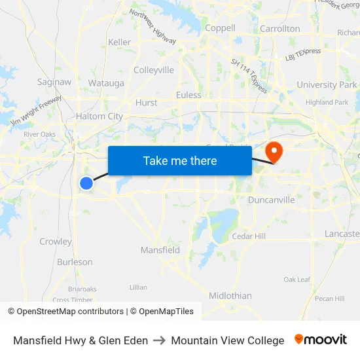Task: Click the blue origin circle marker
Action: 86,183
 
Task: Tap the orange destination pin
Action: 272,153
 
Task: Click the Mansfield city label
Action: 160,250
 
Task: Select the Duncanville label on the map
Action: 271,200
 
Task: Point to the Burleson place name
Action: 75,262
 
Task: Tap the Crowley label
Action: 56,242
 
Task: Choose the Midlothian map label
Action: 230,296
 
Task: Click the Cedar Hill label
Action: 249,236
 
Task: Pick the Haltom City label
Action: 99,117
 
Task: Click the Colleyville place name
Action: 154,69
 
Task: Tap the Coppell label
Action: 220,28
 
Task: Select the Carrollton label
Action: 280,29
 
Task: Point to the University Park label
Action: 327,84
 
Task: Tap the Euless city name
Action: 189,95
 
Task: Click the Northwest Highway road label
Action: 153,27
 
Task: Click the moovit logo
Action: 321,340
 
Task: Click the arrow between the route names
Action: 159,340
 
